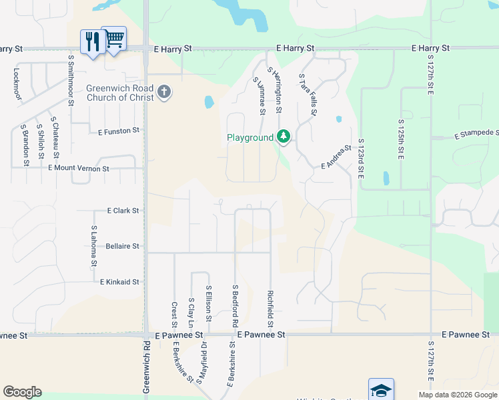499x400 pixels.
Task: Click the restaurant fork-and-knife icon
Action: pos(91,41)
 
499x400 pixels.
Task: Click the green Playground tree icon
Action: pos(284,137)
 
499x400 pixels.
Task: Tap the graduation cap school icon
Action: pos(381,390)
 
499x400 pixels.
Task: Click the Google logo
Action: pos(22,392)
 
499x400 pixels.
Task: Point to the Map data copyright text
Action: pos(457,395)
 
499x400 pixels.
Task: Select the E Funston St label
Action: pos(119,131)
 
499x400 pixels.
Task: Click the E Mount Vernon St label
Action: pos(79,169)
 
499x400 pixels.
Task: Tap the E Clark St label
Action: pos(123,211)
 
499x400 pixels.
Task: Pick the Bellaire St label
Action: pos(123,246)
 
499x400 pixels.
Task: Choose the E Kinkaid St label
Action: pos(119,282)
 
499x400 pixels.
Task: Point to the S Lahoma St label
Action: pos(93,247)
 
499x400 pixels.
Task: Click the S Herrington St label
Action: pos(274,89)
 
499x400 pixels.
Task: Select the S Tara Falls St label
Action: pos(308,95)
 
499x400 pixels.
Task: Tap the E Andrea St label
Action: pos(336,157)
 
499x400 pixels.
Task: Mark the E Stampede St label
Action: pos(476,135)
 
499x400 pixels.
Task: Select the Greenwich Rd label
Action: pos(146,370)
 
